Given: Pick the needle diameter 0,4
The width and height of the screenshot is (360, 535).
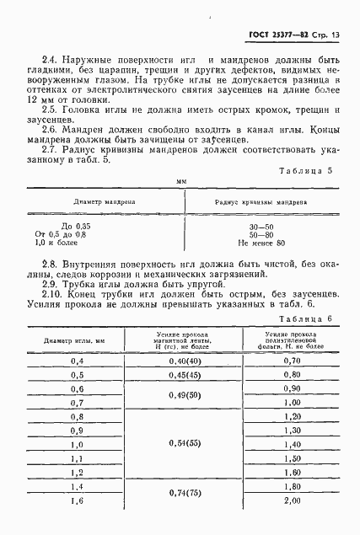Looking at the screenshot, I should tap(78, 361).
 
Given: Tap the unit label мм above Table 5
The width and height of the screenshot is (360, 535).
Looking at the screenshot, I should tap(180, 205).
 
